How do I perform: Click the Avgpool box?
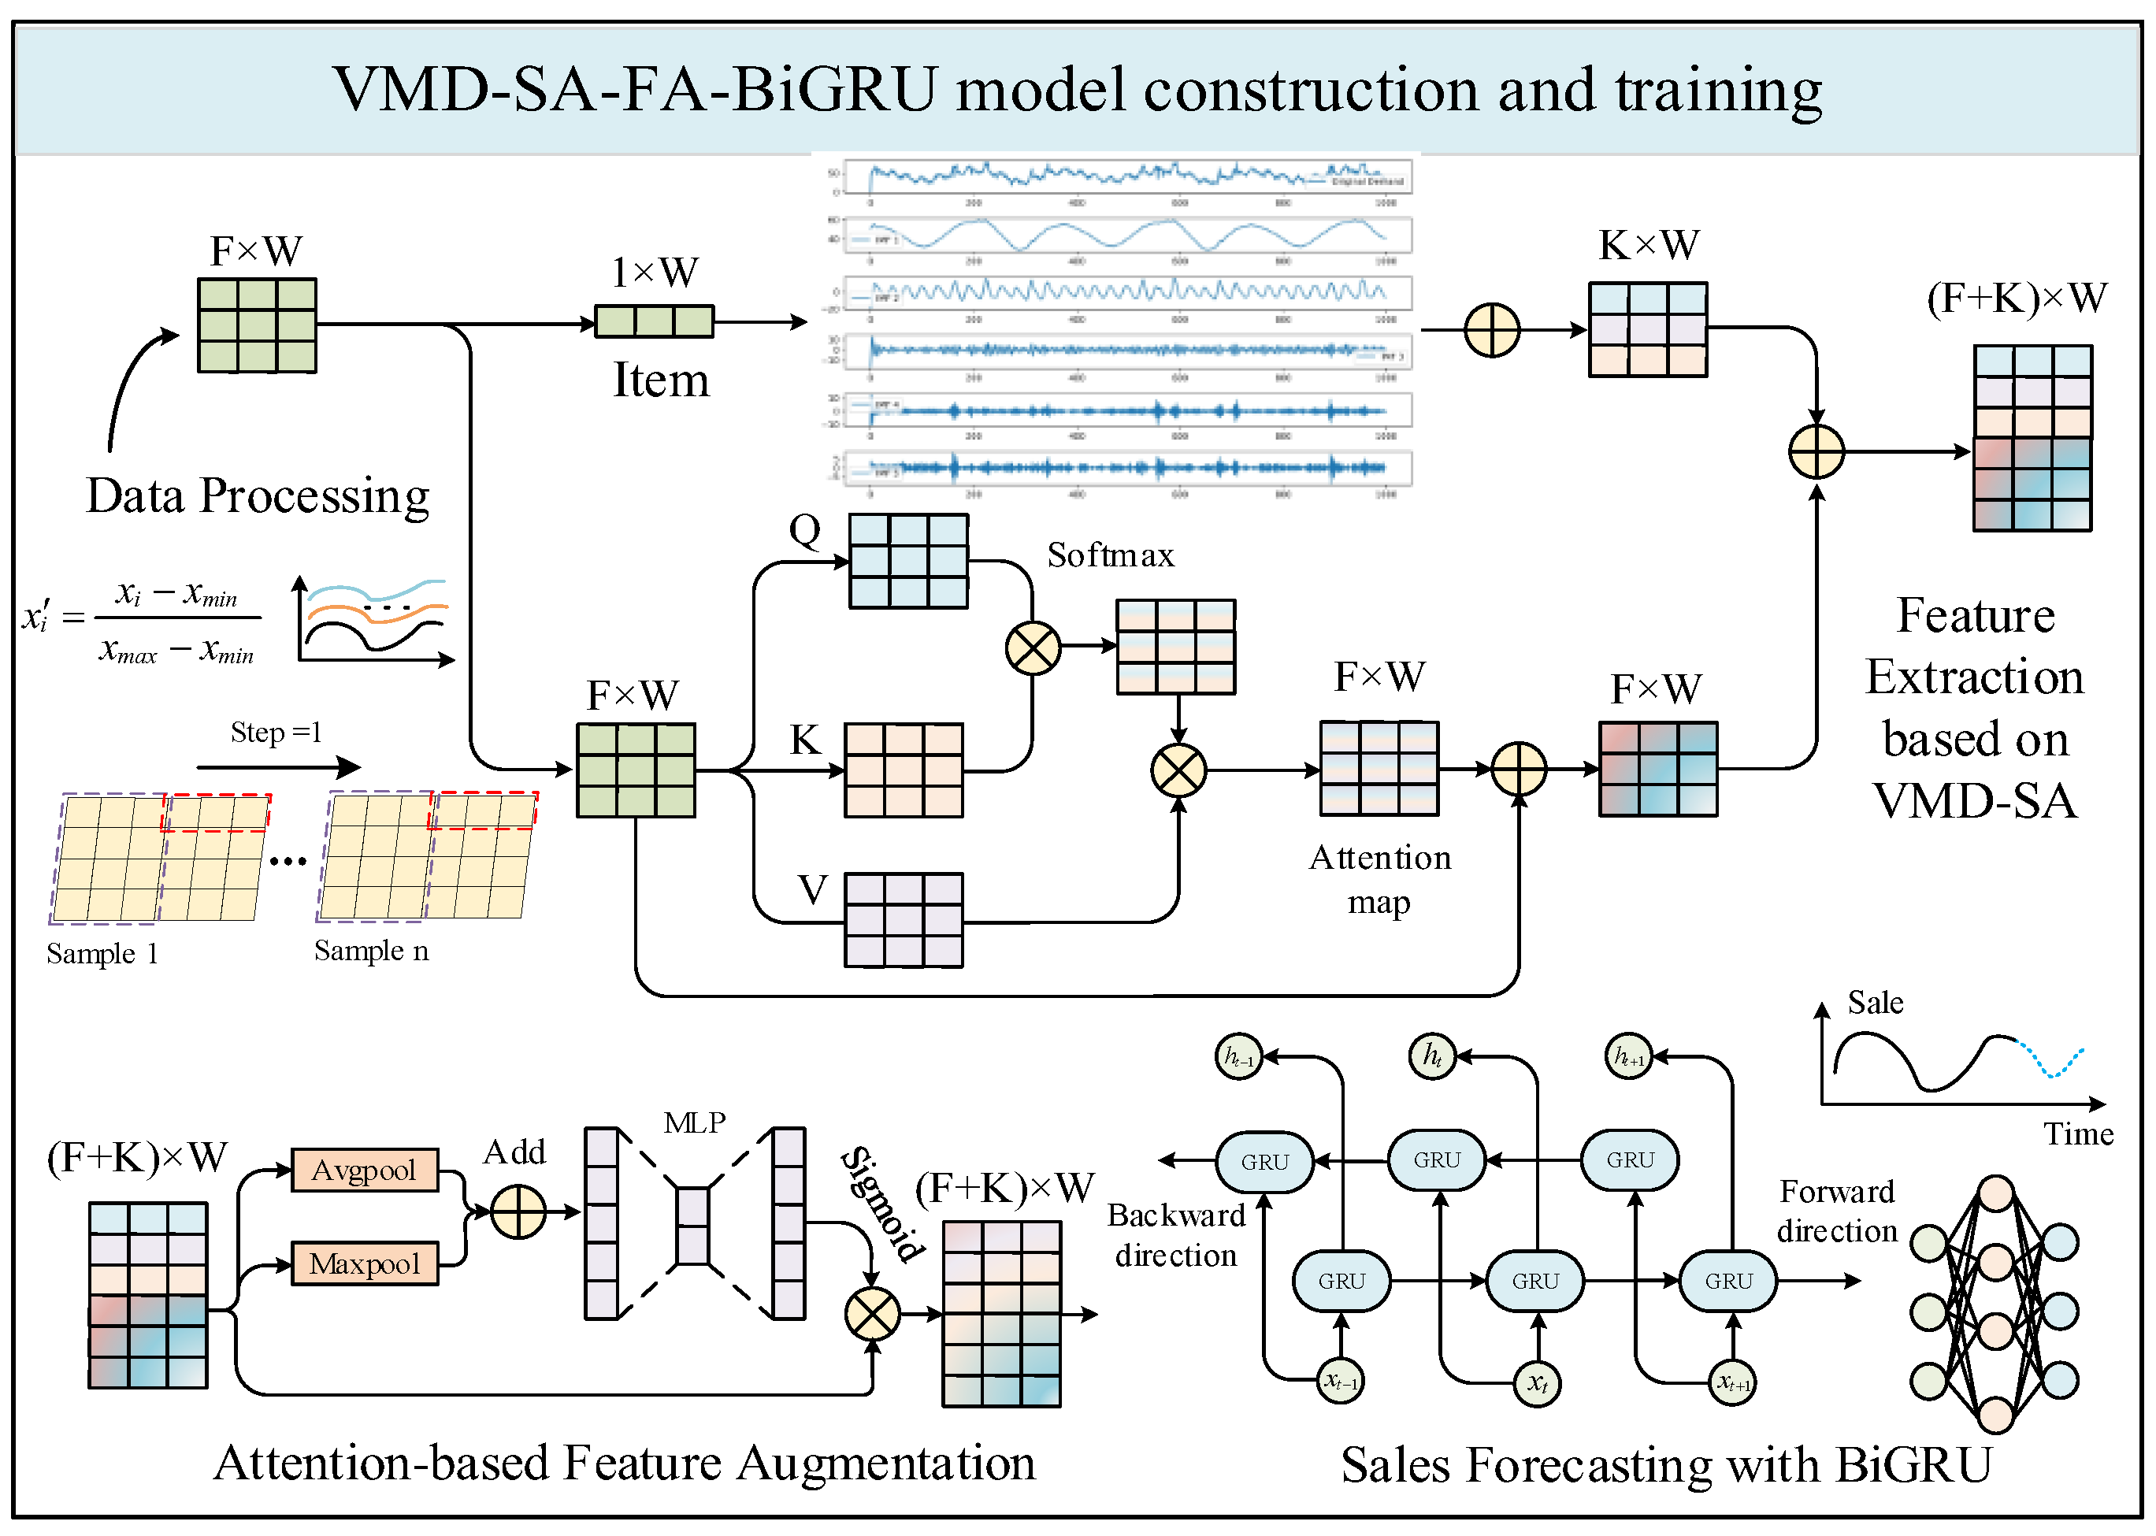tap(364, 1170)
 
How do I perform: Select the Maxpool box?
tap(364, 1263)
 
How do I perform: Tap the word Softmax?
tap(1110, 555)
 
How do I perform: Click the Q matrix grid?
tap(907, 561)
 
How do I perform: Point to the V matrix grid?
tap(903, 920)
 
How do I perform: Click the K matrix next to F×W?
tap(903, 770)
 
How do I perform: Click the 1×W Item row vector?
tap(654, 321)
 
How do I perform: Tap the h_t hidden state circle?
tap(1431, 1055)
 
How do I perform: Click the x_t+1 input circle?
tap(1732, 1382)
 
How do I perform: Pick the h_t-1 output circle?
tap(1238, 1056)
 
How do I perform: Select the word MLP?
tap(694, 1122)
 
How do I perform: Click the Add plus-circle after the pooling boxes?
tap(518, 1211)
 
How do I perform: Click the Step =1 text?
tap(276, 732)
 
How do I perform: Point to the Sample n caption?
tap(371, 951)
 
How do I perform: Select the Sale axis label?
tap(1874, 1003)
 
